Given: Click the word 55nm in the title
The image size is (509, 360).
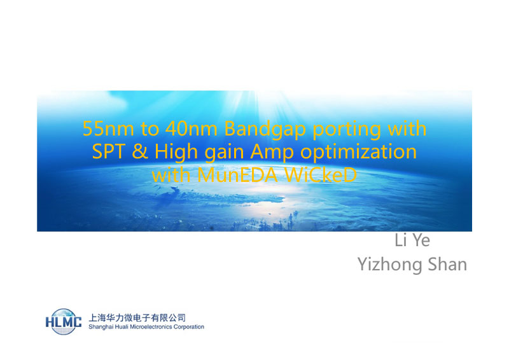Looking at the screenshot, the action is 108,128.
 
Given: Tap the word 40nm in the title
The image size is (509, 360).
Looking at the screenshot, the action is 192,128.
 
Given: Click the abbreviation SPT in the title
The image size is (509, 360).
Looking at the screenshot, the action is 109,151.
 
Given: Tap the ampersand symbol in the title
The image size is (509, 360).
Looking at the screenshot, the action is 139,151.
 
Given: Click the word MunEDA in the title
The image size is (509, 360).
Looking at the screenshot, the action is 237,176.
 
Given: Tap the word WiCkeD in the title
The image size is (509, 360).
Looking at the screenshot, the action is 320,176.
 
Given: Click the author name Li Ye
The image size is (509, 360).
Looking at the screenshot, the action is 412,240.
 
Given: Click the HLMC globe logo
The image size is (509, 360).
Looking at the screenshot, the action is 63,322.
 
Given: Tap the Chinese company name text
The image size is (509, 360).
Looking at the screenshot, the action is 137,317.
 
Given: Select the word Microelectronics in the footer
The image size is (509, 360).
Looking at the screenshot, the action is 151,326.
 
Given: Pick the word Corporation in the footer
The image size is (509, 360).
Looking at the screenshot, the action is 188,327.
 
